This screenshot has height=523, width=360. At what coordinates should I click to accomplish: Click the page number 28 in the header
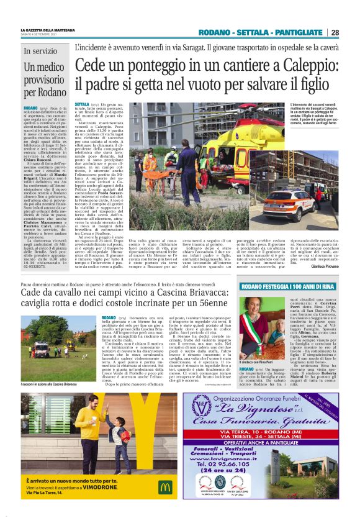[x=335, y=33]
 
